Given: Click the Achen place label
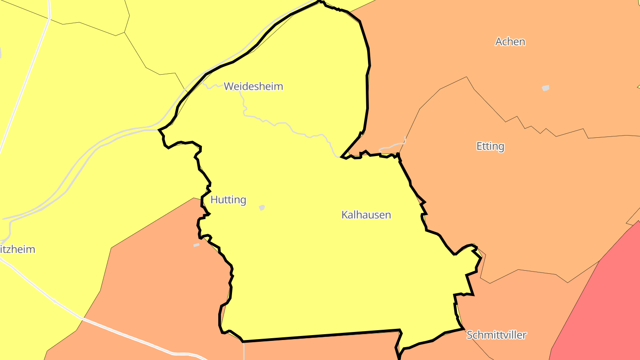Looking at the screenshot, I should point(510,42).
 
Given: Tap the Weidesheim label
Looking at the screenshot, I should point(253,86).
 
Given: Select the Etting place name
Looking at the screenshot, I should point(490,146).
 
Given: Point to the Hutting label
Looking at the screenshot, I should point(228,200).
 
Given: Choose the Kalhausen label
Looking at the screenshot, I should point(366,215).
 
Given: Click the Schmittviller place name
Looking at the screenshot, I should point(496,335).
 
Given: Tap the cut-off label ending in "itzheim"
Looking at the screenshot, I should point(18,249).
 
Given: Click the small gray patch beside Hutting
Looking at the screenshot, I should point(262,208).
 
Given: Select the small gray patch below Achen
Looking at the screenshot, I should point(546,88).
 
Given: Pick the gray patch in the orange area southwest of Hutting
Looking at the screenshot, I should point(196,245).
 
